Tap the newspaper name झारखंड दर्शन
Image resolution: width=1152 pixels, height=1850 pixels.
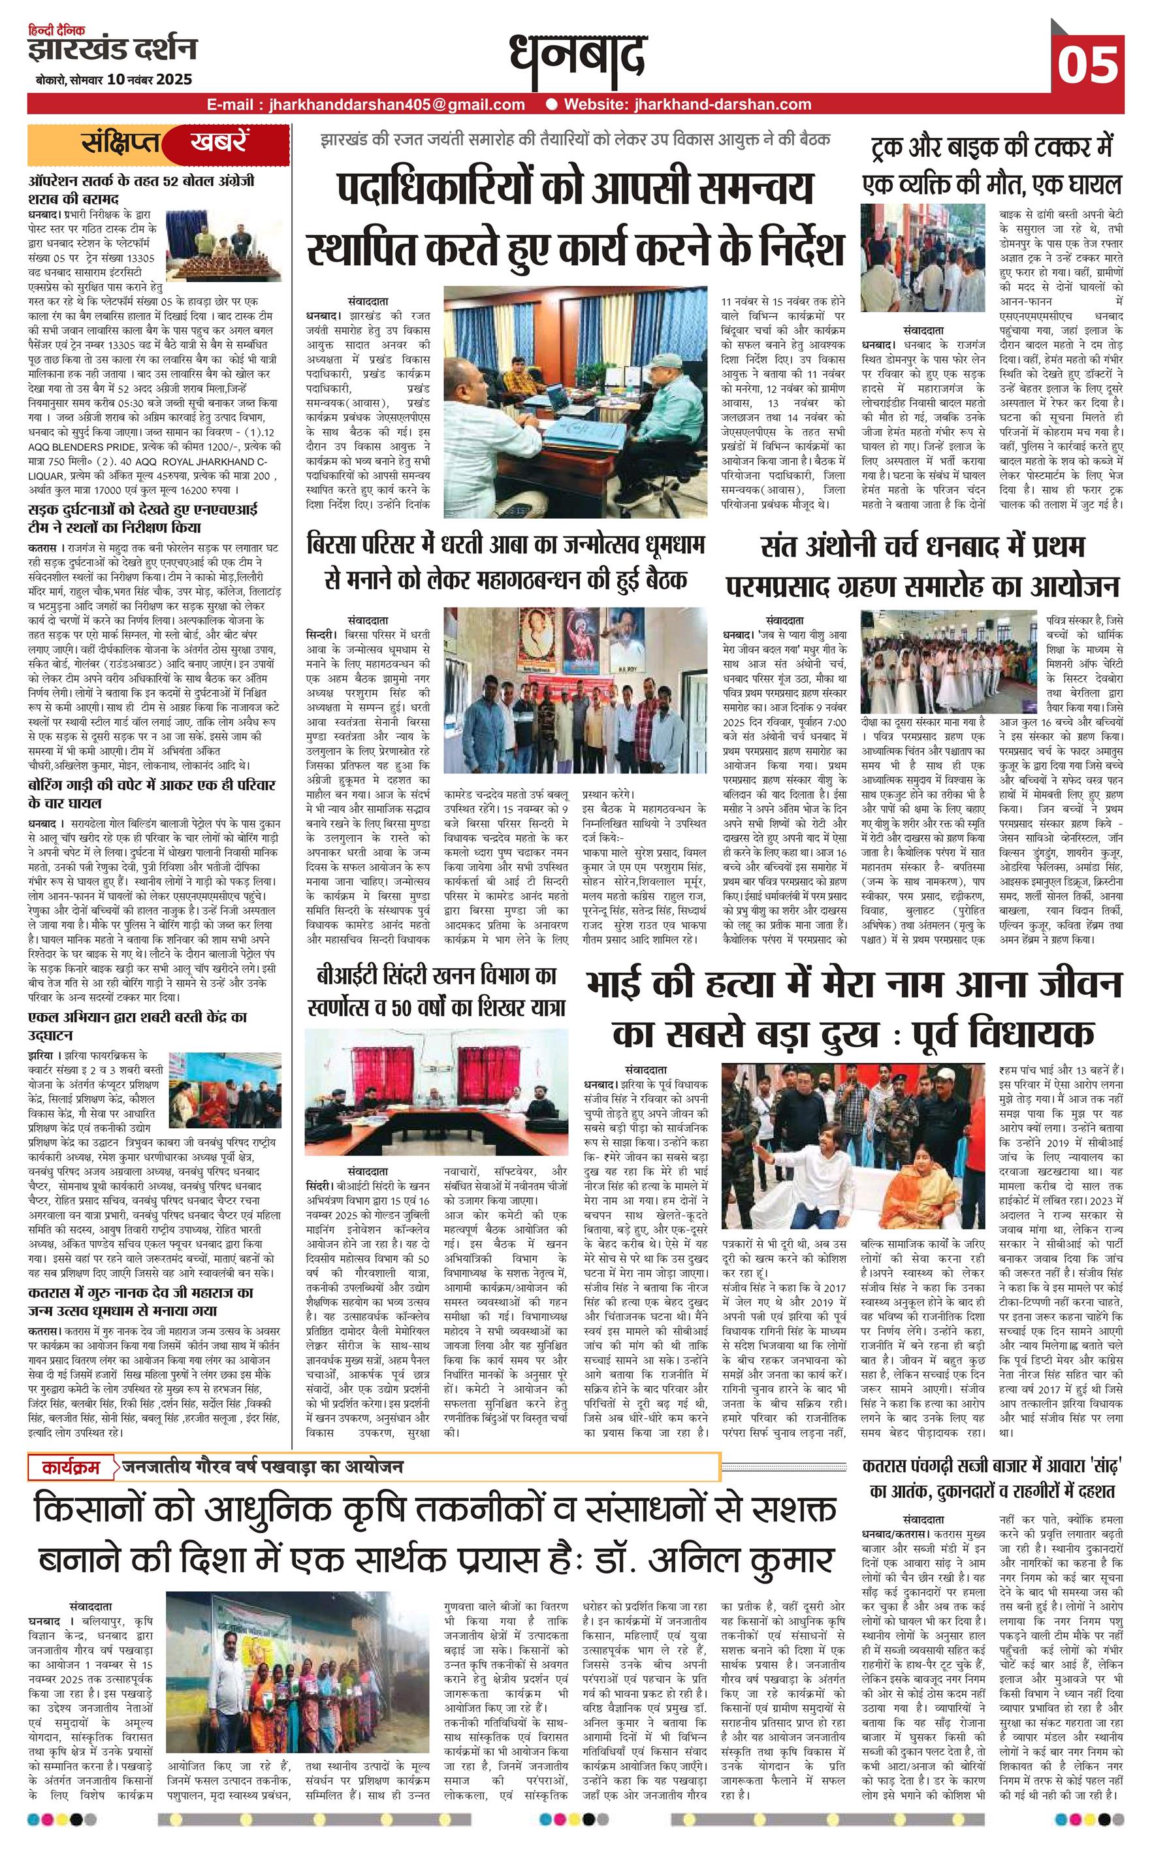pos(112,50)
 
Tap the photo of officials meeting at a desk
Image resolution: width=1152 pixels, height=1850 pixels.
pos(575,402)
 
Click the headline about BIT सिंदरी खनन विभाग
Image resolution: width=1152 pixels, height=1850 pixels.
pos(436,992)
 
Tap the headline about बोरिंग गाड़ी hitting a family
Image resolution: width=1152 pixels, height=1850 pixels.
pos(151,793)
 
